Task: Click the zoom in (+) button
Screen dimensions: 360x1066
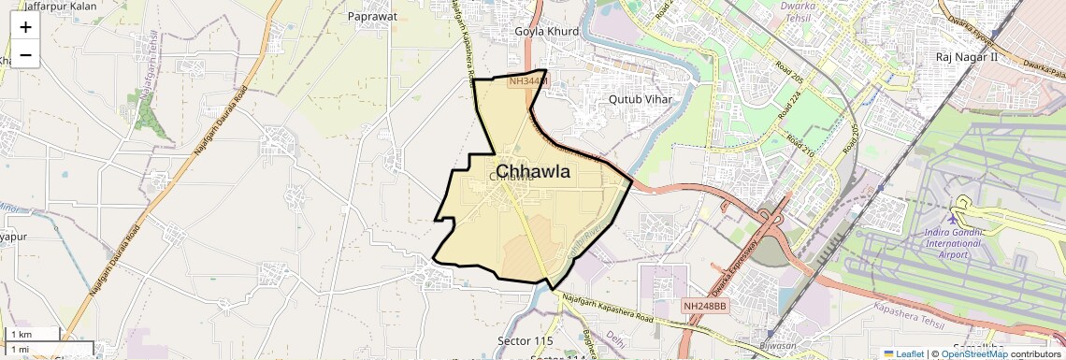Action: pyautogui.click(x=25, y=26)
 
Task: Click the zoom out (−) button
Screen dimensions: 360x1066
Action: pyautogui.click(x=25, y=54)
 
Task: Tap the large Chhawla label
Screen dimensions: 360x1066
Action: pyautogui.click(x=533, y=171)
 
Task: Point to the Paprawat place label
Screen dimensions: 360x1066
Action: pyautogui.click(x=372, y=16)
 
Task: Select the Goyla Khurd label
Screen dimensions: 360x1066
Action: pyautogui.click(x=547, y=31)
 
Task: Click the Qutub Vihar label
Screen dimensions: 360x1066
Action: pyautogui.click(x=641, y=98)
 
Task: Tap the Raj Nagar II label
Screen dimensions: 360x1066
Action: pyautogui.click(x=967, y=57)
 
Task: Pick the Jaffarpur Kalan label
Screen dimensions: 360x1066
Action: pyautogui.click(x=60, y=6)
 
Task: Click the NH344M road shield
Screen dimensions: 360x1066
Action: pyautogui.click(x=527, y=82)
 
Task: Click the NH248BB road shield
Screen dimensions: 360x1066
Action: pyautogui.click(x=705, y=306)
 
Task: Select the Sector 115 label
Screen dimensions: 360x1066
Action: pyautogui.click(x=526, y=340)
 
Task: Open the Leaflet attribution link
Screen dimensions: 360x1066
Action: pyautogui.click(x=903, y=353)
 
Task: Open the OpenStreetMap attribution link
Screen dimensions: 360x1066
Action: pyautogui.click(x=973, y=353)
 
